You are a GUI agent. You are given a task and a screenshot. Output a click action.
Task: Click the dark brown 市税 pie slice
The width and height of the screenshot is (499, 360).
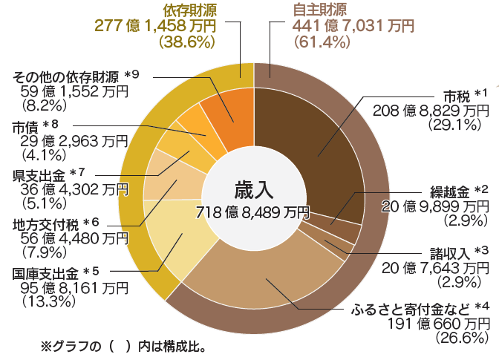312,141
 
